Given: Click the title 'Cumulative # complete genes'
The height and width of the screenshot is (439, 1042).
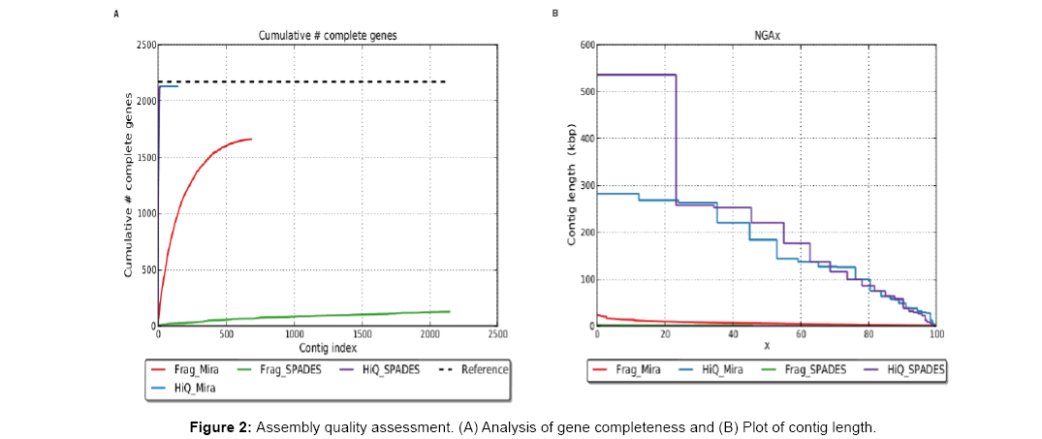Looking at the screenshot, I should pyautogui.click(x=327, y=36).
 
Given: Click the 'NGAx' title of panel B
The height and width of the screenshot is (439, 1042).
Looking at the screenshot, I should pyautogui.click(x=766, y=36).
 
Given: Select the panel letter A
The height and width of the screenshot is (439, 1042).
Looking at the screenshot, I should pyautogui.click(x=116, y=14).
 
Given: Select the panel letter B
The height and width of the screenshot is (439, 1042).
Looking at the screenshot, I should pyautogui.click(x=554, y=14).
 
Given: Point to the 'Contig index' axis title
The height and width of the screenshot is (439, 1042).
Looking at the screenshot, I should pyautogui.click(x=327, y=346).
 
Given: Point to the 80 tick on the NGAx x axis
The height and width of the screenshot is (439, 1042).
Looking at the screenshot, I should pyautogui.click(x=868, y=333).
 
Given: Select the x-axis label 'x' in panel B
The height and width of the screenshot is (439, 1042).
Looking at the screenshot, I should pyautogui.click(x=766, y=346).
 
